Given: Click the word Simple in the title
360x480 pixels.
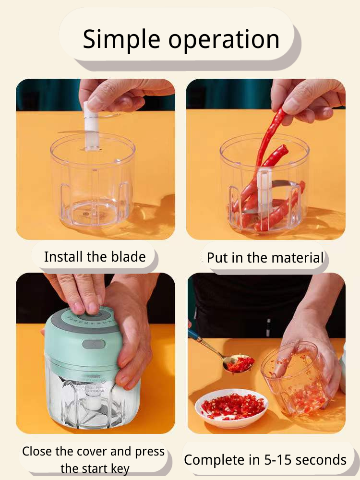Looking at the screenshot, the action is pyautogui.click(x=121, y=39).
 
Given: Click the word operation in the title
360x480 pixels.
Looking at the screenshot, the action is pyautogui.click(x=224, y=39).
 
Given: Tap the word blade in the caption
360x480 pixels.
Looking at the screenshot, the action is pyautogui.click(x=128, y=256).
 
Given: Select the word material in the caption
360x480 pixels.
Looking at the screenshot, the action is pyautogui.click(x=297, y=257).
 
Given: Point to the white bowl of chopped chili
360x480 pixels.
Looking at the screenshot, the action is pyautogui.click(x=231, y=408).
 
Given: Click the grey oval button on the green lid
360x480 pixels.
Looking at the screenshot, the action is pyautogui.click(x=94, y=344).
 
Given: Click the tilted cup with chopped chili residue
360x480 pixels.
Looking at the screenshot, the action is pyautogui.click(x=295, y=379).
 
